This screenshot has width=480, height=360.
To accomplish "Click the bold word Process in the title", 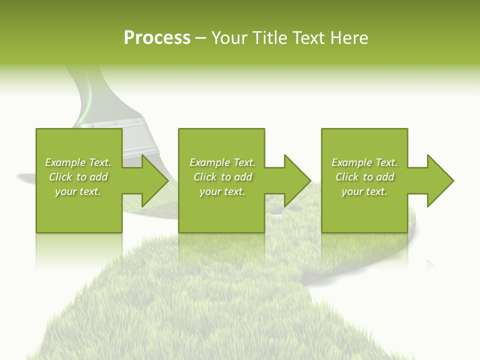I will (x=157, y=38).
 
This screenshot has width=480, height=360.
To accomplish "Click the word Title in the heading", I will (x=269, y=38).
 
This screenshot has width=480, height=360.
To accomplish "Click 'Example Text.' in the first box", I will (x=78, y=162).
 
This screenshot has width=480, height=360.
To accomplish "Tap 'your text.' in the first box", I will (x=78, y=191).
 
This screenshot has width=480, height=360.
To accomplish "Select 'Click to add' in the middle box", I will (x=222, y=177).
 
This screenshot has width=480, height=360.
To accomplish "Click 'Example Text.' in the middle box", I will (x=222, y=162).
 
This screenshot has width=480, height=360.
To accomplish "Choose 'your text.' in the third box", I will (x=364, y=191).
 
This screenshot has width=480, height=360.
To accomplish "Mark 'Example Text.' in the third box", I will (x=364, y=162).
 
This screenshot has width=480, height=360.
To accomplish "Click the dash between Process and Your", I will (x=201, y=38).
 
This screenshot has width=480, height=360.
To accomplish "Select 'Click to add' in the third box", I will (x=364, y=177).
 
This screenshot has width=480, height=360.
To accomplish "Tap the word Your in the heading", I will (x=231, y=38).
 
